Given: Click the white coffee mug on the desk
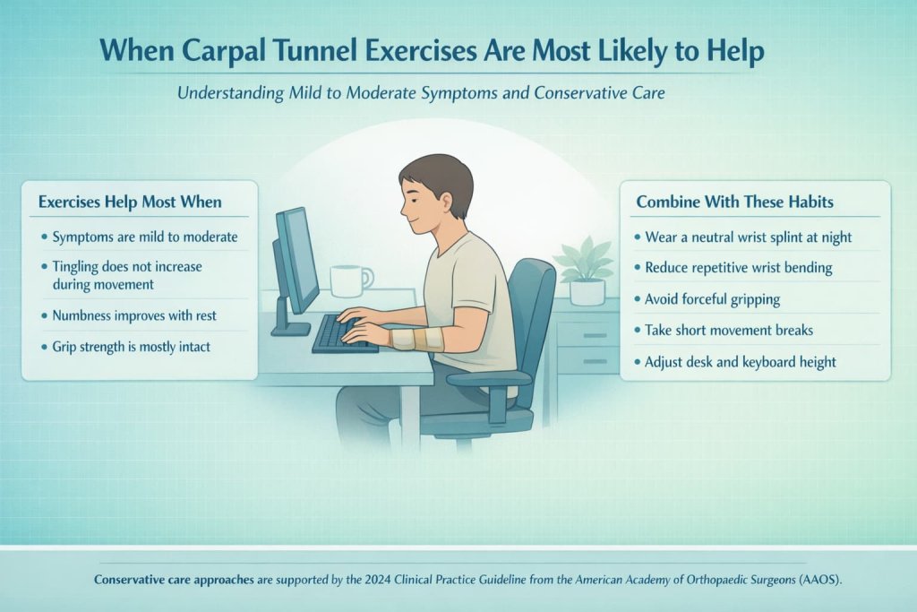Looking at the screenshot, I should point(349,280).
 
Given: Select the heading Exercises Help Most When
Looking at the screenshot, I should point(129,203).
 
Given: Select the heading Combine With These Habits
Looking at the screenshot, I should point(734,202).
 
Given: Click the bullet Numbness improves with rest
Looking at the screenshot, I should point(134,315).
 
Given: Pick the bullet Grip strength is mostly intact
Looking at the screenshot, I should point(131,347).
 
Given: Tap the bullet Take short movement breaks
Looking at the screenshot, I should point(728,330).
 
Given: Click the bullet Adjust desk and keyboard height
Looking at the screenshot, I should point(740,362).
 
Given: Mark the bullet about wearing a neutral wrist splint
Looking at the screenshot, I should point(748,237).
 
